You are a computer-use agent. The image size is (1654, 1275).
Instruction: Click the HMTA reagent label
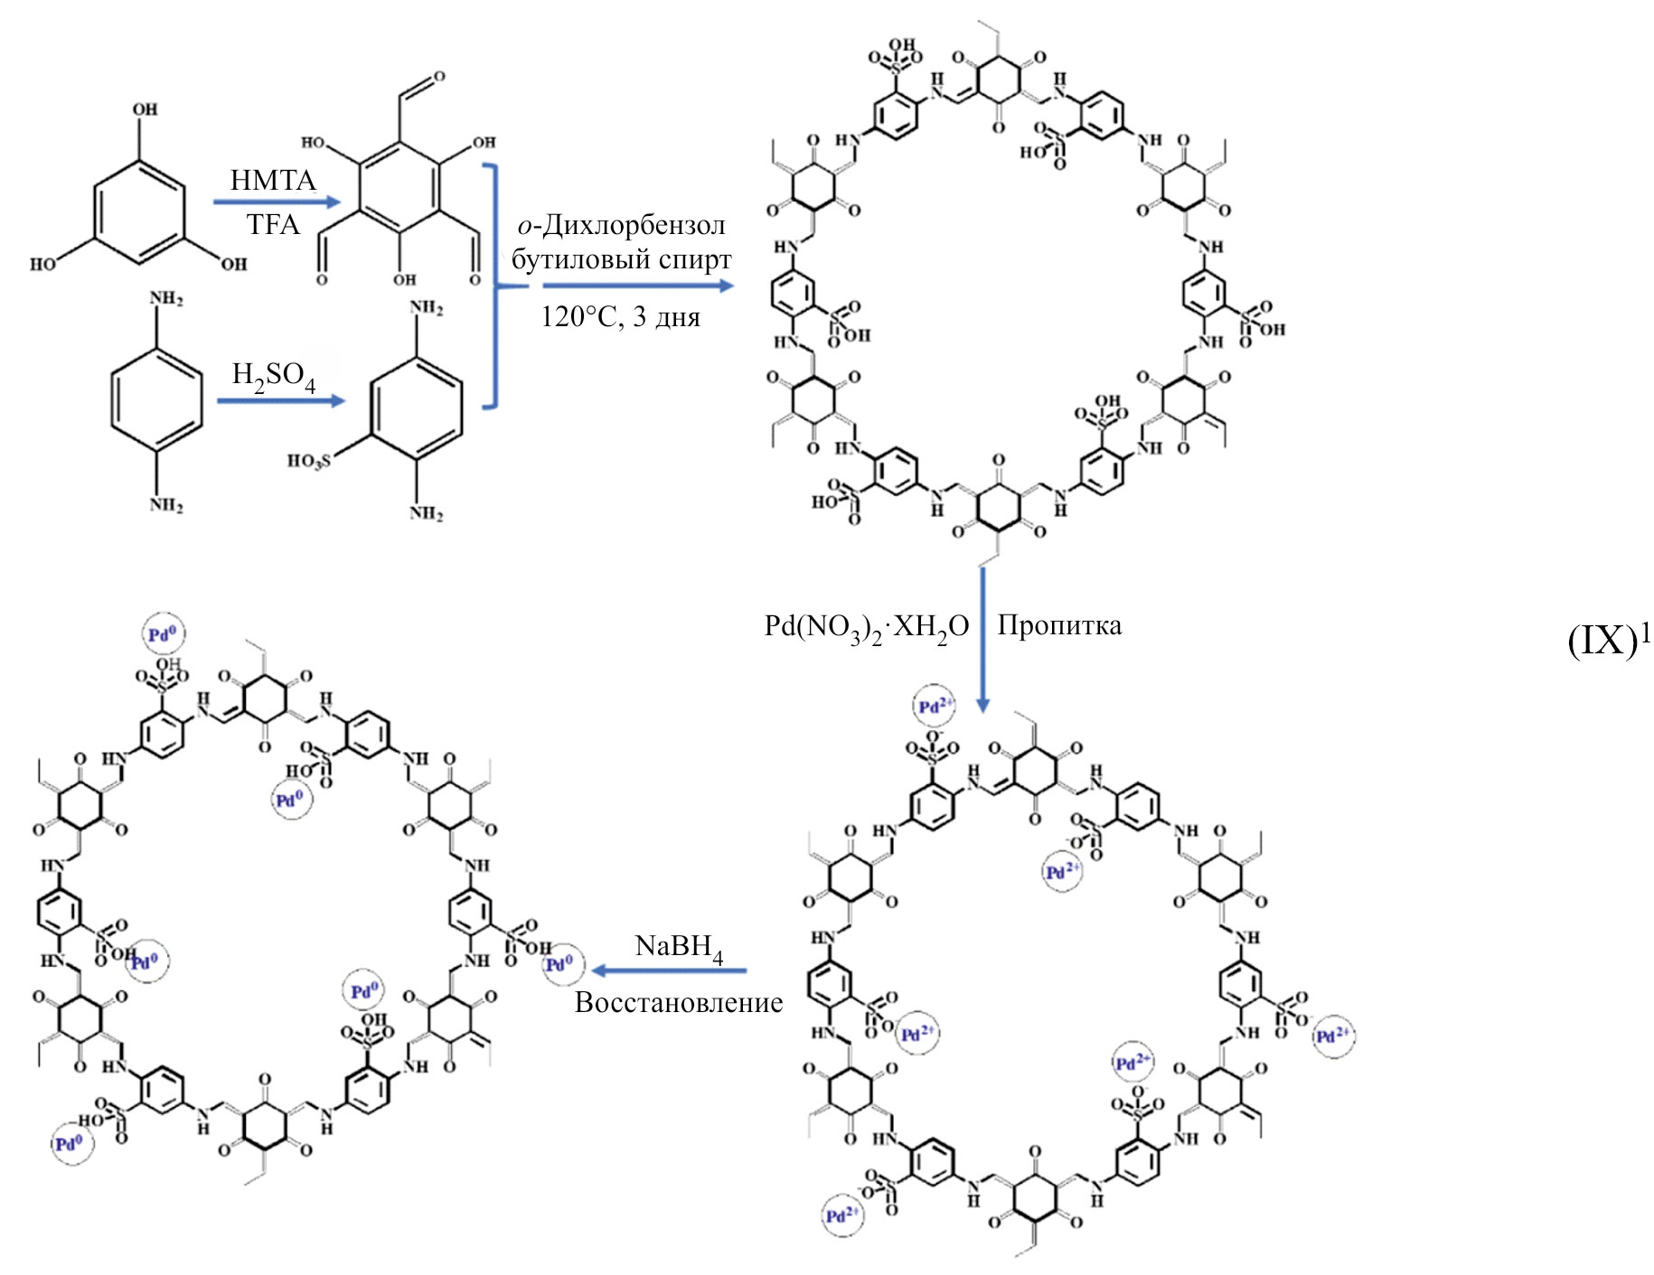tap(273, 180)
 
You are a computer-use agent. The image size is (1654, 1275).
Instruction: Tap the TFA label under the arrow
tap(273, 224)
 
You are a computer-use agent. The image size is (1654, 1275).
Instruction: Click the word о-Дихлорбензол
tap(621, 225)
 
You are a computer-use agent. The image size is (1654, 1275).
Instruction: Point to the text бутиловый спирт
tap(622, 260)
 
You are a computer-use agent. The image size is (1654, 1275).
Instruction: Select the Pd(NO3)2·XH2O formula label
tap(866, 627)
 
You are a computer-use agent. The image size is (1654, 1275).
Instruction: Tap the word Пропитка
tap(1059, 625)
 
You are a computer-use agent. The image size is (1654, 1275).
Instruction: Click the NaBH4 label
tap(679, 947)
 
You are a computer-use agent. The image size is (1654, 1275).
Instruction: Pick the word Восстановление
tap(679, 1002)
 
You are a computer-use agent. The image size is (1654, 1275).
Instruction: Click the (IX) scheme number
tap(1602, 641)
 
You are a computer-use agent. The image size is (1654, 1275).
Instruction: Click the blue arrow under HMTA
tap(276, 202)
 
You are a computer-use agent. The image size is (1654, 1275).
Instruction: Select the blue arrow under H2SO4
tap(281, 399)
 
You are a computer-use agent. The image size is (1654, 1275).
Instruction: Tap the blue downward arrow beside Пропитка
tap(982, 637)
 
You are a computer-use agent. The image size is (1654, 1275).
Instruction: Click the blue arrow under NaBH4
tap(670, 970)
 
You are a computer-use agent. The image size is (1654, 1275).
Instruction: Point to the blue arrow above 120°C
tap(637, 286)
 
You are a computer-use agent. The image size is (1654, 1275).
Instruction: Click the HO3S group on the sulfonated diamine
tap(308, 461)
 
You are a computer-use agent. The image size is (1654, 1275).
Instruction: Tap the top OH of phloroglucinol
tap(145, 109)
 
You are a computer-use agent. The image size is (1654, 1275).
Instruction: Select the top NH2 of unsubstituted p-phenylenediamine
tap(166, 299)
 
